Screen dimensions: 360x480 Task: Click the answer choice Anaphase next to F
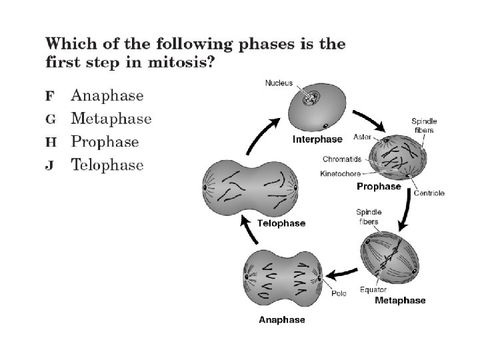[x=107, y=95]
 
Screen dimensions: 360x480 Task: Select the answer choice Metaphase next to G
[x=111, y=119]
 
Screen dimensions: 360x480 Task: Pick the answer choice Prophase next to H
[x=105, y=142]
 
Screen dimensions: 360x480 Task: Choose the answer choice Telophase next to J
[x=107, y=165]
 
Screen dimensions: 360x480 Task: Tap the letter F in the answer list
[x=49, y=96]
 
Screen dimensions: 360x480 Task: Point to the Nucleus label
[x=278, y=83]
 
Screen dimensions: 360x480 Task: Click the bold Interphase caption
[x=317, y=140]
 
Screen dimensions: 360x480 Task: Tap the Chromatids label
[x=342, y=159]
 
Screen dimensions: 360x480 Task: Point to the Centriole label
[x=429, y=193]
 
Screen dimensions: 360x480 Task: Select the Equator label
[x=373, y=289]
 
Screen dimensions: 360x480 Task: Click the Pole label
[x=339, y=293]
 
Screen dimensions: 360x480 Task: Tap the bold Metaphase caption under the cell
[x=400, y=301]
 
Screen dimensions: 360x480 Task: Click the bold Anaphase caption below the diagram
[x=282, y=319]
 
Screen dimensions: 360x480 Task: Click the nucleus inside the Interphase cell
[x=310, y=99]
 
